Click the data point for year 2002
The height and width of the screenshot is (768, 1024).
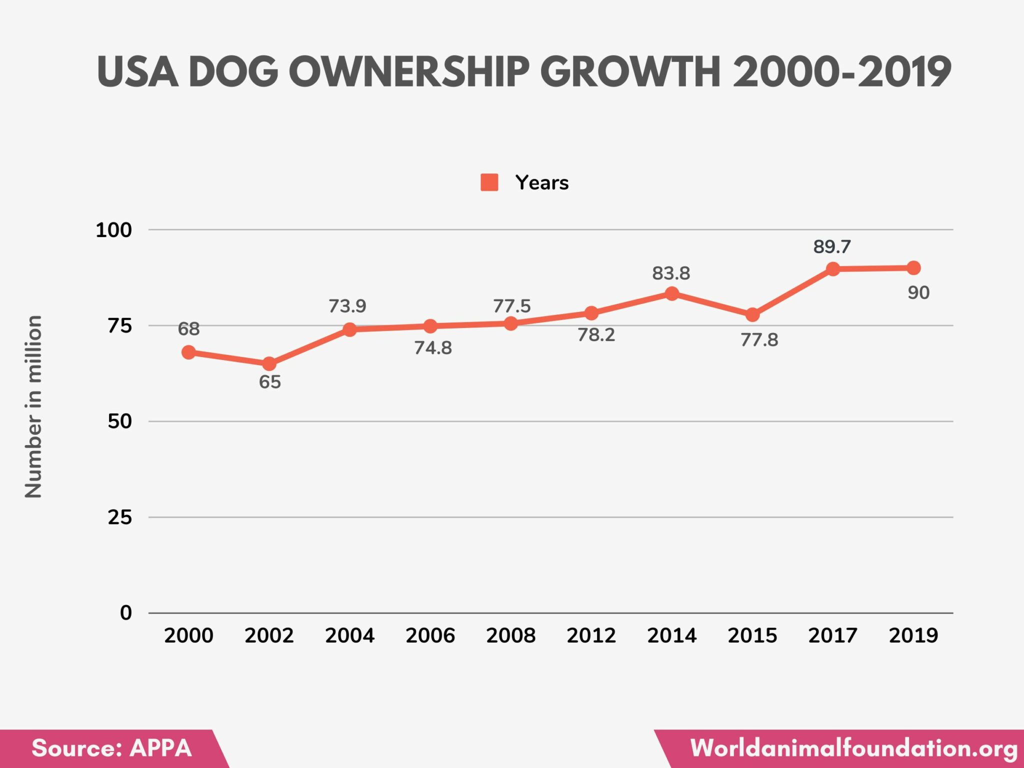tap(269, 363)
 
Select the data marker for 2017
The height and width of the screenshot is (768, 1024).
tap(832, 269)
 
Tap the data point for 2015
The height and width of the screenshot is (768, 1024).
tap(752, 315)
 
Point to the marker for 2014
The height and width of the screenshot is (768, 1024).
tap(672, 293)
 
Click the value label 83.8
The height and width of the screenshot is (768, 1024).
tap(670, 273)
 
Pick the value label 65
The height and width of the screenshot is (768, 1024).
tap(269, 382)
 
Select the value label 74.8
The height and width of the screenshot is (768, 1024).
tap(432, 348)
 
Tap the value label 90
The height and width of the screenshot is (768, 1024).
tap(918, 292)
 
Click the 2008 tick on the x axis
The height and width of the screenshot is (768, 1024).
tap(510, 635)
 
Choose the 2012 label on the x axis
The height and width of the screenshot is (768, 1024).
tap(591, 635)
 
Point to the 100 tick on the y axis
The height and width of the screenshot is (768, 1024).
tap(113, 230)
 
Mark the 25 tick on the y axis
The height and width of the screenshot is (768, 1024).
tap(119, 517)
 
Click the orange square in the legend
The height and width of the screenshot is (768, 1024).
tap(489, 182)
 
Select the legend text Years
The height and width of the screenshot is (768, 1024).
tap(541, 182)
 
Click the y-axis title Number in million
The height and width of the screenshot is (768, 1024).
tap(33, 406)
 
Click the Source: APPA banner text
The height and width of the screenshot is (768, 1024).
tap(111, 748)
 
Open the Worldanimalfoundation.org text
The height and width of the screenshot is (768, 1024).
tap(853, 748)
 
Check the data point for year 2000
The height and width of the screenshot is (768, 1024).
tap(188, 352)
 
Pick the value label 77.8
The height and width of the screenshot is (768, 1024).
tap(759, 340)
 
